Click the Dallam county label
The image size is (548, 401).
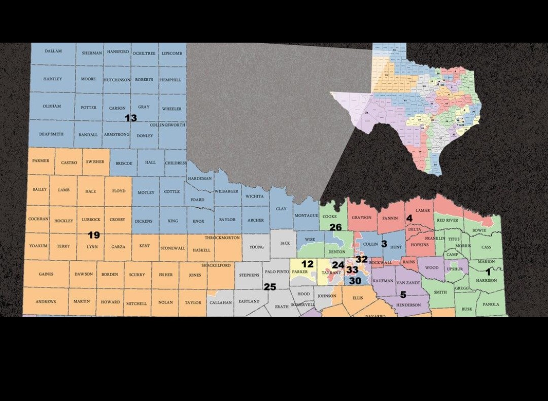coord(53,51)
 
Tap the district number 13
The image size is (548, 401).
coord(131,118)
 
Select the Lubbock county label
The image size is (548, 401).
coord(91,220)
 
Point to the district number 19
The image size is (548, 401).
coord(94,235)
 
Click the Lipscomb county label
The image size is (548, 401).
coord(172,53)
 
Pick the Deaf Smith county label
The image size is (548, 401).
coord(51,134)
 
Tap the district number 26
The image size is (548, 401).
coord(335,227)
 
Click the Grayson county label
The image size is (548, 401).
coord(362,218)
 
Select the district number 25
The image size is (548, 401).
coord(269,287)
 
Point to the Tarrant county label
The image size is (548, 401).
coord(331,273)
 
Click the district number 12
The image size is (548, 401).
coord(307,264)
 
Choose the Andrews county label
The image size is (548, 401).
coord(46,302)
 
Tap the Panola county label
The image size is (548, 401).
coord(491,305)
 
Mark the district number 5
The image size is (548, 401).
coord(403,294)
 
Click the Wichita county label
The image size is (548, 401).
coord(254,196)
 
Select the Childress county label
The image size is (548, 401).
coord(176,163)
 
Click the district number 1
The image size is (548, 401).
coord(488,272)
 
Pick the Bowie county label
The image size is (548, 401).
coord(479,230)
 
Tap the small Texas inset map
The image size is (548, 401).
coord(406,107)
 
